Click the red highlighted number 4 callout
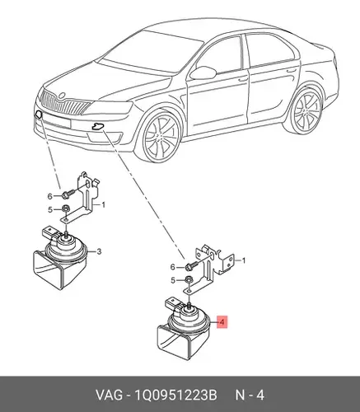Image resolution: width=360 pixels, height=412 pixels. pos(222,322)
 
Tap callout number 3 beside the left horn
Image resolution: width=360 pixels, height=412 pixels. pos(99,251)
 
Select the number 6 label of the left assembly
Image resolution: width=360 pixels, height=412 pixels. pos(49,196)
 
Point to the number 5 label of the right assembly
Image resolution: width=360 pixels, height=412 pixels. pos(173,280)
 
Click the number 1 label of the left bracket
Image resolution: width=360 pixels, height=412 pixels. pos(103,205)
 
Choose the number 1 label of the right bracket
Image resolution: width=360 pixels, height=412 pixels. pos(243,260)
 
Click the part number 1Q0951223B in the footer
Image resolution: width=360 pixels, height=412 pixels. pos(175,396)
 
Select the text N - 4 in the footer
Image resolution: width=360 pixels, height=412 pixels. pos(250,396)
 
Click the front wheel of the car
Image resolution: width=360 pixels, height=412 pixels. pos(161,137)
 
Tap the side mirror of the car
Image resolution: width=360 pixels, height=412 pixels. pos(203,73)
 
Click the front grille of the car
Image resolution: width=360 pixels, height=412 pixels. pos(65,104)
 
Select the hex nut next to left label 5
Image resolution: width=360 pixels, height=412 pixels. pos(65,209)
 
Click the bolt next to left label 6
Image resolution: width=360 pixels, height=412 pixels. pos(68,194)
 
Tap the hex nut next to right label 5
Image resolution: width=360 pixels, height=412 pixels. pos(188,280)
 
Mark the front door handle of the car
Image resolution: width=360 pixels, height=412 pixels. pos(243,79)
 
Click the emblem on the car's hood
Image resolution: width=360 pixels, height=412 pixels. pos(62,96)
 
